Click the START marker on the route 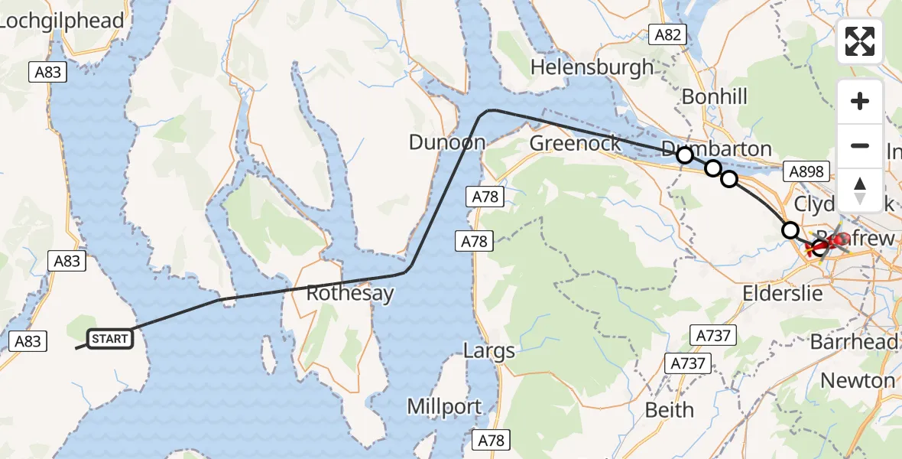pyautogui.click(x=111, y=339)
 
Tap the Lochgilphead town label pyautogui.click(x=62, y=21)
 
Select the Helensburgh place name pyautogui.click(x=592, y=67)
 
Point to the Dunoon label pyautogui.click(x=447, y=142)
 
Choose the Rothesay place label pyautogui.click(x=350, y=293)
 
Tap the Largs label pyautogui.click(x=490, y=351)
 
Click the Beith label pyautogui.click(x=670, y=409)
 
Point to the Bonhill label pyautogui.click(x=714, y=96)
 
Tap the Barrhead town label pyautogui.click(x=854, y=342)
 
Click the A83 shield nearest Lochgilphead pyautogui.click(x=49, y=73)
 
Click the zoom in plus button pyautogui.click(x=860, y=101)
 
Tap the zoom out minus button pyautogui.click(x=860, y=145)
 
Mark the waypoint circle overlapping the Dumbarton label pyautogui.click(x=685, y=155)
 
